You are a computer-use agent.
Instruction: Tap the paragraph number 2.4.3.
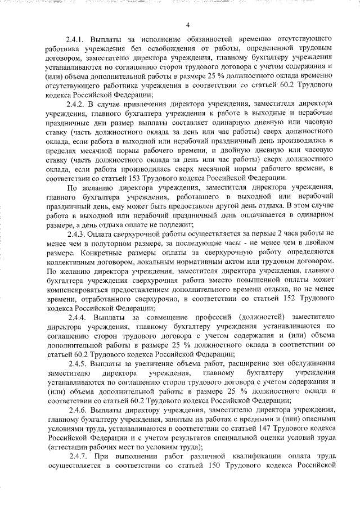click(x=76, y=233)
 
